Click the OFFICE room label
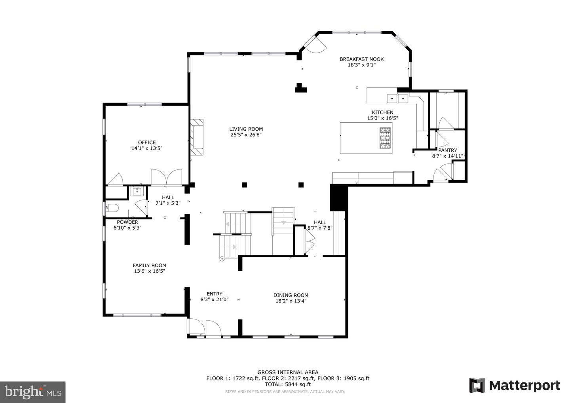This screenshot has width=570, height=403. click(147, 143)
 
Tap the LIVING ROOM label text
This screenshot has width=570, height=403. click(246, 129)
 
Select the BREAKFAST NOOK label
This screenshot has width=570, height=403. click(362, 59)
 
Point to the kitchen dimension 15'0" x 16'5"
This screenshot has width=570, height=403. click(382, 118)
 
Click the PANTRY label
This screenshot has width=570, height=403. click(448, 150)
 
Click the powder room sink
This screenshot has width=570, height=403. click(137, 191)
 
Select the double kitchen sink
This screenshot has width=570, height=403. click(397, 98)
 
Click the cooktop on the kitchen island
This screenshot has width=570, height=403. click(385, 138)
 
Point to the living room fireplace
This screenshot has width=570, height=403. click(197, 137)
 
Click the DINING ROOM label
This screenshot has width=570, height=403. click(291, 295)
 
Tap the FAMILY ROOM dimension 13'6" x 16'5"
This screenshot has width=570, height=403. click(150, 271)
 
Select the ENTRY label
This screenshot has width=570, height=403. click(215, 294)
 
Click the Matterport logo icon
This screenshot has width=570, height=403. click(477, 386)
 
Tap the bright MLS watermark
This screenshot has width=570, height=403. click(33, 392)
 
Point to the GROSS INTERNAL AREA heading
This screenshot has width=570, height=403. click(288, 373)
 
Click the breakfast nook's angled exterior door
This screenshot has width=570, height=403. click(314, 45)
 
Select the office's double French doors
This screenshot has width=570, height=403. click(167, 177)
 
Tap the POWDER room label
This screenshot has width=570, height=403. click(127, 222)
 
